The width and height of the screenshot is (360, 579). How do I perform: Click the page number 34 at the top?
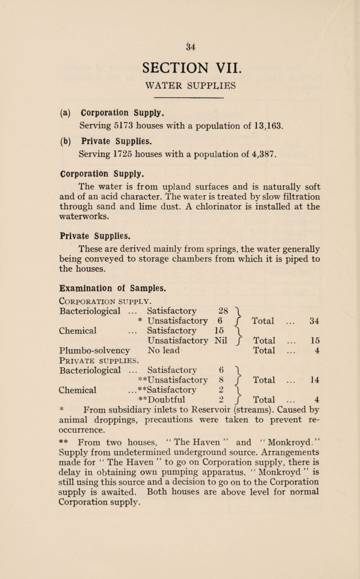[180, 45]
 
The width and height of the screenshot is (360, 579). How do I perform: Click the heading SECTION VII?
[180, 67]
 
